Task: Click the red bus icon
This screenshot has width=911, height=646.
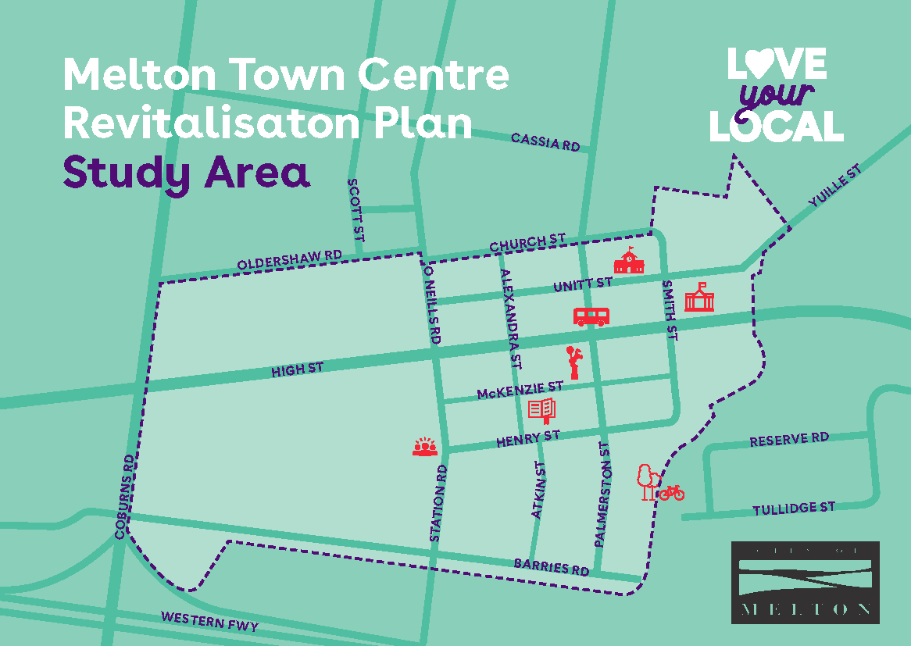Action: coord(591,316)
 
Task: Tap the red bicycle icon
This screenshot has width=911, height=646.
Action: coord(671,493)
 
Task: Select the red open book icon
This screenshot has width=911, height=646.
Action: coord(542,409)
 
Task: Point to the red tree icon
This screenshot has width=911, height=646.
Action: coord(645,481)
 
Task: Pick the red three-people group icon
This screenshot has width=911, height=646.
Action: coord(424,447)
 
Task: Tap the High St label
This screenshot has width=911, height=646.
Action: coord(297,369)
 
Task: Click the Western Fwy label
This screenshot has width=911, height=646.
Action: coord(209,622)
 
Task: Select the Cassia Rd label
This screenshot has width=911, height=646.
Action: coord(545,141)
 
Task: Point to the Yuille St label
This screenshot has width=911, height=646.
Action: coord(835,186)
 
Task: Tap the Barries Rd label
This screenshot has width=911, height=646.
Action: coord(552,566)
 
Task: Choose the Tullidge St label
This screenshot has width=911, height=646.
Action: coord(794,509)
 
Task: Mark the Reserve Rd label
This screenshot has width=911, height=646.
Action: coord(789,440)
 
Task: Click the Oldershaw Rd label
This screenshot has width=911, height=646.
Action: coord(290,261)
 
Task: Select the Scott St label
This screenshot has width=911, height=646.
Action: coord(355,209)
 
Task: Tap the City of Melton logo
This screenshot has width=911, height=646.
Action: coord(805,582)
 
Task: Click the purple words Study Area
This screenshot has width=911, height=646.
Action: coord(186,173)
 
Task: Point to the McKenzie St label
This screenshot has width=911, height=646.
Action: coord(520,390)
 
